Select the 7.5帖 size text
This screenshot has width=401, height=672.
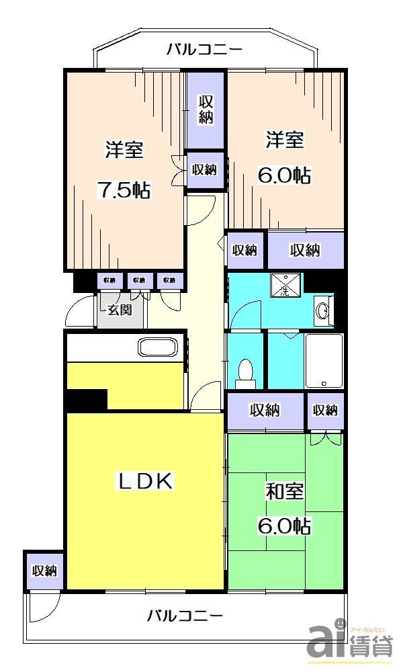124,190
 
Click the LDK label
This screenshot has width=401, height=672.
146,480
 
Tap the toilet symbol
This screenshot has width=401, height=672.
246,374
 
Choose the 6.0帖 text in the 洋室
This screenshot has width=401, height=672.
284,175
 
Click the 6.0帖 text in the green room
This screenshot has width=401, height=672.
284,526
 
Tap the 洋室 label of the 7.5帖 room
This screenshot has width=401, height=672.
124,149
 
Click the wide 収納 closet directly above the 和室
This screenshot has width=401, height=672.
265,410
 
